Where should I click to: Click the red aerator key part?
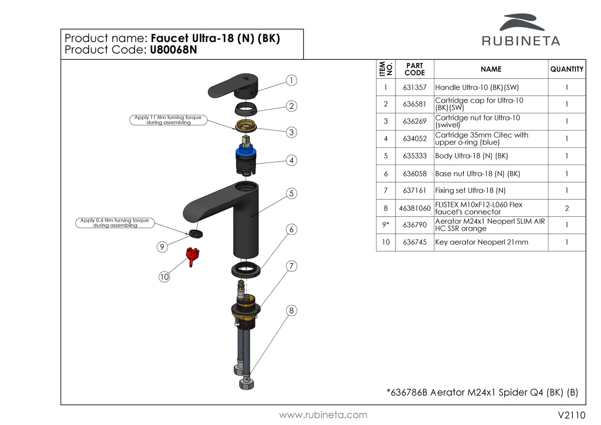tap(192, 256)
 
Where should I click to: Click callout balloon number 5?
tap(291, 194)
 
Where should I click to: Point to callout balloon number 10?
tap(164, 276)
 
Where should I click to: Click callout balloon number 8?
tap(291, 311)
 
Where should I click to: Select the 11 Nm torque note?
tap(168, 120)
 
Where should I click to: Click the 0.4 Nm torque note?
tap(115, 223)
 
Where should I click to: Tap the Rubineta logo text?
tap(521, 41)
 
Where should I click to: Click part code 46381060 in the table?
tap(415, 208)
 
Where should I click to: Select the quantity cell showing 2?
tap(567, 208)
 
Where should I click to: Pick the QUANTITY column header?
tap(567, 69)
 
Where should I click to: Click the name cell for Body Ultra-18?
tap(471, 156)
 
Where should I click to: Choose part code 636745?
tap(415, 242)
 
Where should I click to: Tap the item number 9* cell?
tap(386, 225)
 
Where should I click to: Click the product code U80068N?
tap(173, 50)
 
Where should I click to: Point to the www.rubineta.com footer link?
tap(323, 415)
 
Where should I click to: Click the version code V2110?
tap(571, 415)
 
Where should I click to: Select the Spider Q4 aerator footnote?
tap(482, 393)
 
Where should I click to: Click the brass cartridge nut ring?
tap(246, 125)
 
